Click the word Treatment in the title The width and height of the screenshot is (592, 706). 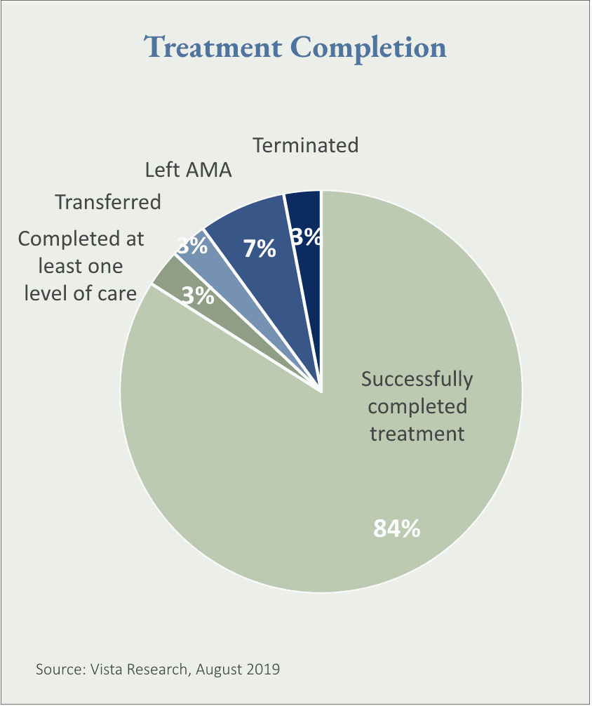click(x=213, y=48)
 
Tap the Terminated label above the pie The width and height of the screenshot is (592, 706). click(x=305, y=145)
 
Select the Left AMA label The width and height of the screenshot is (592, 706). click(x=188, y=170)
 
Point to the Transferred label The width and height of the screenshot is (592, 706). click(x=108, y=202)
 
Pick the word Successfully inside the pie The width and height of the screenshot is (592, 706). click(x=417, y=379)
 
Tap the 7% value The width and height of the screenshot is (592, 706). click(x=260, y=248)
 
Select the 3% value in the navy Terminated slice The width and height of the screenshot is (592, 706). click(x=307, y=237)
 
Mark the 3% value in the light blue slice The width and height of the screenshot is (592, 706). click(x=191, y=246)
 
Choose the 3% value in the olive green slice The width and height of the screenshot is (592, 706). click(x=198, y=295)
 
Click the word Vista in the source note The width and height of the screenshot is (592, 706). click(x=105, y=670)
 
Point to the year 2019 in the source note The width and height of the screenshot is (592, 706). click(x=264, y=670)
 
